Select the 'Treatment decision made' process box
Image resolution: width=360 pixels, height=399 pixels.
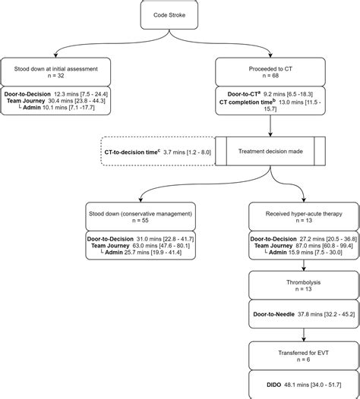270,152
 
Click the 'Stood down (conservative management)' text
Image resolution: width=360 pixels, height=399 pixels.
141,213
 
